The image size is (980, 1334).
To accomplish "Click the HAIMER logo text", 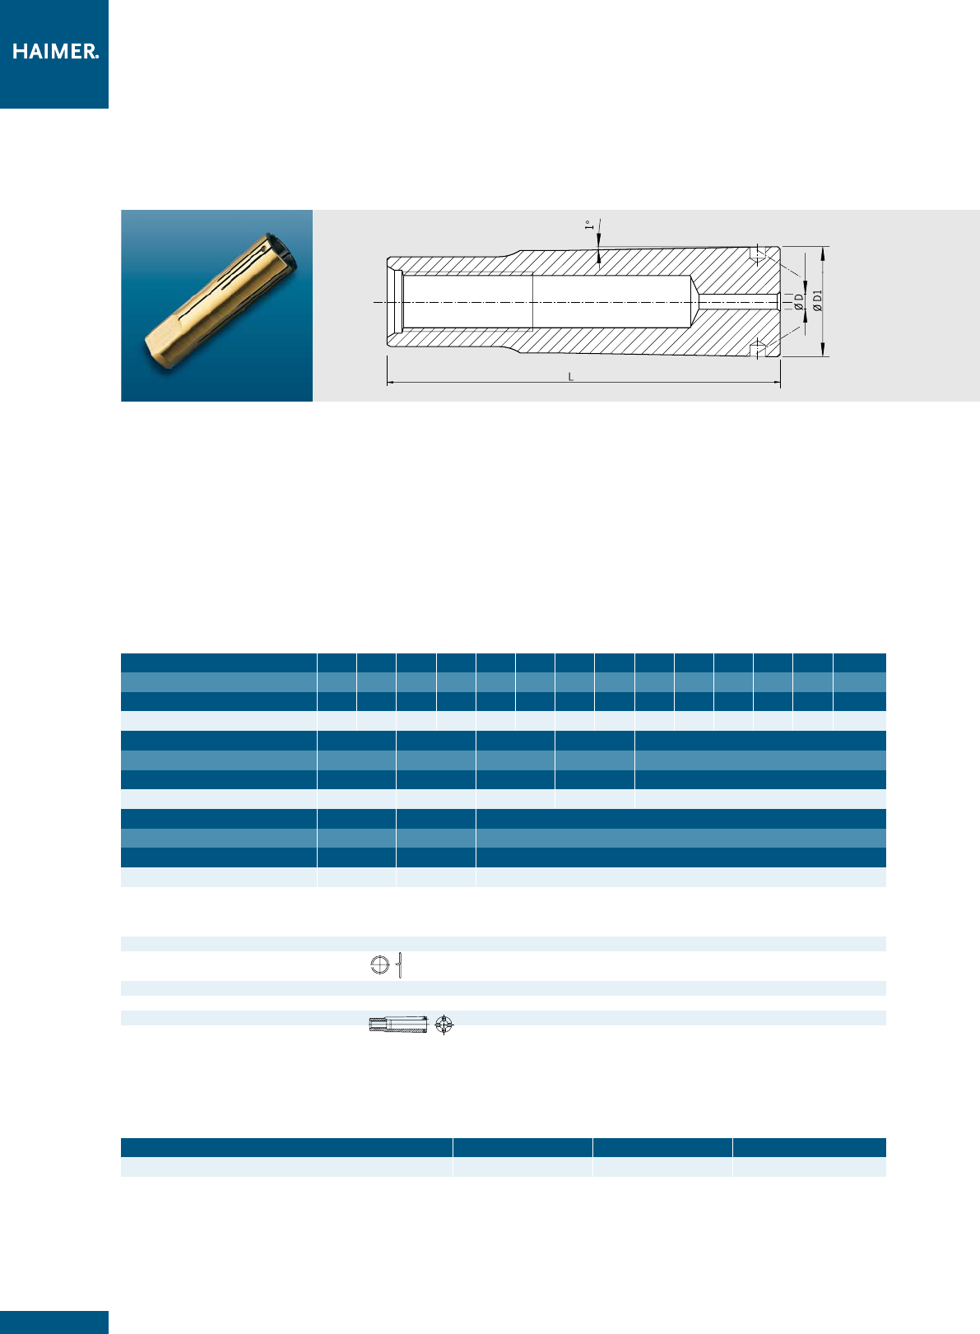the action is (x=55, y=51).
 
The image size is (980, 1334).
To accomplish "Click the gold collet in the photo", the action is (x=221, y=300).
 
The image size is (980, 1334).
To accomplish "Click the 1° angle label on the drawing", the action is (x=589, y=225).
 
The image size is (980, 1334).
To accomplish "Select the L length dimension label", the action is (x=570, y=376).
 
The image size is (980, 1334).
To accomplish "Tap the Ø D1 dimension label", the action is (x=817, y=300).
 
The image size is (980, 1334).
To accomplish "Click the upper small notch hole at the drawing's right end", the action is (x=757, y=254).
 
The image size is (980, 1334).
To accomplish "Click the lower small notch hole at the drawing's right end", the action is (x=757, y=349).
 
